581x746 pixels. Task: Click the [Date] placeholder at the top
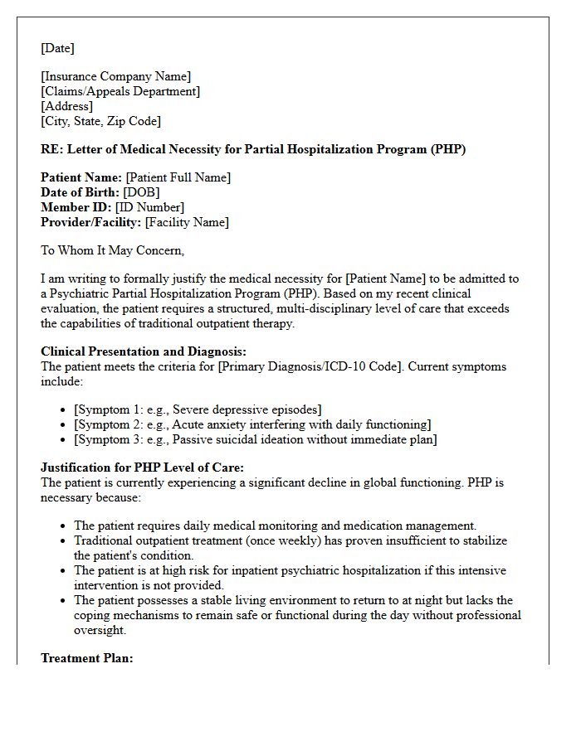pyautogui.click(x=57, y=48)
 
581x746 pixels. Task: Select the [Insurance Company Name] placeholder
pyautogui.click(x=115, y=77)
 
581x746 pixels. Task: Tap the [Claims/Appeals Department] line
pyautogui.click(x=120, y=92)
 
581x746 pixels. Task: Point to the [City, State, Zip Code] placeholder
pyautogui.click(x=100, y=121)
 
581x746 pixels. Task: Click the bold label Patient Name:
pyautogui.click(x=81, y=177)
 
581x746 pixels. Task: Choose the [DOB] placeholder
pyautogui.click(x=141, y=192)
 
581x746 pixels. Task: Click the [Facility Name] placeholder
pyautogui.click(x=187, y=222)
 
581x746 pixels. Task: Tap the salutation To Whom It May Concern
pyautogui.click(x=112, y=250)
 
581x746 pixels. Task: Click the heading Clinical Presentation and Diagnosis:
pyautogui.click(x=144, y=351)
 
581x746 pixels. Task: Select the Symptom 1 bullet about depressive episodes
pyautogui.click(x=198, y=409)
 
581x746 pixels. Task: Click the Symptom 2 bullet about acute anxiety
pyautogui.click(x=252, y=424)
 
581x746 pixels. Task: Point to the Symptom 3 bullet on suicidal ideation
pyautogui.click(x=255, y=439)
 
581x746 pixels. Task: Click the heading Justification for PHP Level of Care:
pyautogui.click(x=142, y=467)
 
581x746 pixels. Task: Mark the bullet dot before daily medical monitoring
pyautogui.click(x=65, y=526)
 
